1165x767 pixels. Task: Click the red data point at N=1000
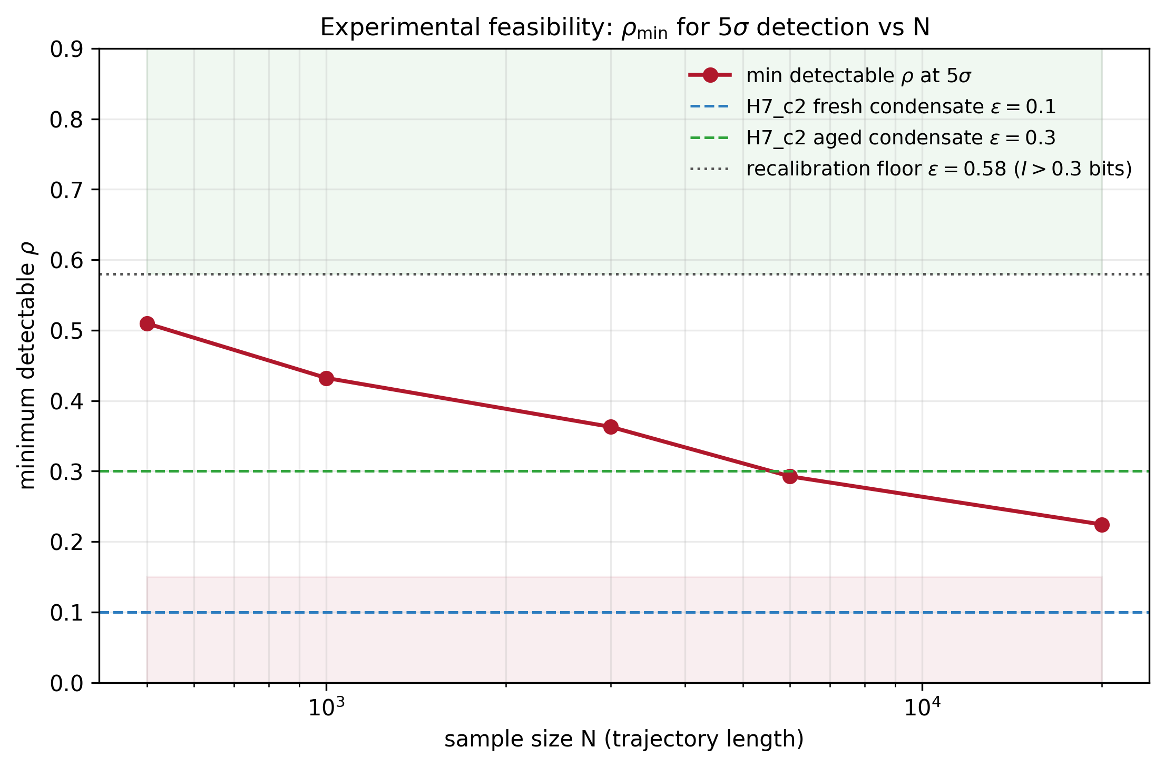click(326, 378)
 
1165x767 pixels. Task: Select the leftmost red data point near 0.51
click(148, 323)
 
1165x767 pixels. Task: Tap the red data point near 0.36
click(611, 427)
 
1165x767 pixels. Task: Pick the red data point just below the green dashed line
click(790, 477)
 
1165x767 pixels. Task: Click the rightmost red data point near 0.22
click(1102, 525)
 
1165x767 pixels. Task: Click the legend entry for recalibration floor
click(938, 169)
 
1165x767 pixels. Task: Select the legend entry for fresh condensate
click(900, 107)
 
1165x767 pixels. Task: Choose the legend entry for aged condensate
click(900, 138)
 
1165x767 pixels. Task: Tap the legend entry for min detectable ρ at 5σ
click(858, 76)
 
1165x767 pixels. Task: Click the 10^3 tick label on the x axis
click(326, 707)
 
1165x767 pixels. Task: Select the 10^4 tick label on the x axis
click(922, 707)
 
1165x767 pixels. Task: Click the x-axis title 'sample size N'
click(624, 739)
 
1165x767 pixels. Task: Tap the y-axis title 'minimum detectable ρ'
click(27, 366)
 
